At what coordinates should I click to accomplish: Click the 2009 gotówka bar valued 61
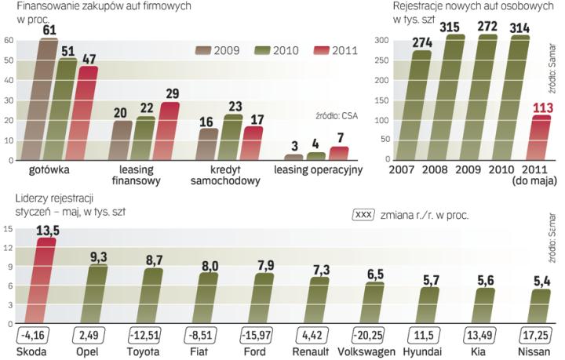(x=47, y=100)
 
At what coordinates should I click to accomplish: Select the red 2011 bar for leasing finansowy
(x=169, y=131)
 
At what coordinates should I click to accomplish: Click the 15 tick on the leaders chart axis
(x=7, y=229)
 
